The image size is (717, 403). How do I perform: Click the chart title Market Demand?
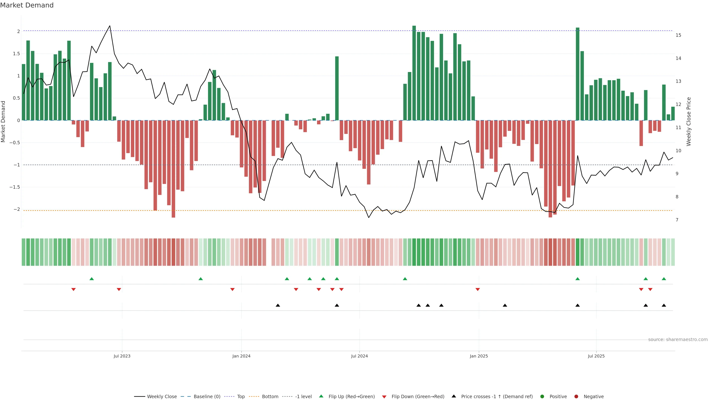pyautogui.click(x=27, y=5)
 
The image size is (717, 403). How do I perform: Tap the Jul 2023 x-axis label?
pyautogui.click(x=122, y=356)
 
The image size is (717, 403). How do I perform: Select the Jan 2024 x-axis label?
pyautogui.click(x=241, y=356)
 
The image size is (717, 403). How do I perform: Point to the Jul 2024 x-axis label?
pyautogui.click(x=359, y=356)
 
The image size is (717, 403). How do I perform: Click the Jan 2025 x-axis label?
pyautogui.click(x=479, y=356)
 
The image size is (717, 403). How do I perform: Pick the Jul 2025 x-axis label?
pyautogui.click(x=596, y=356)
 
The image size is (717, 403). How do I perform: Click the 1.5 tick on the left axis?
pyautogui.click(x=16, y=54)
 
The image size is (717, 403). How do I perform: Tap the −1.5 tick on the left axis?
pyautogui.click(x=15, y=187)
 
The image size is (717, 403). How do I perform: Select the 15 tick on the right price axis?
pyautogui.click(x=678, y=35)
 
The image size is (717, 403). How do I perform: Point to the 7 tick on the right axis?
pyautogui.click(x=677, y=220)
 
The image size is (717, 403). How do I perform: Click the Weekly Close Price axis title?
pyautogui.click(x=689, y=121)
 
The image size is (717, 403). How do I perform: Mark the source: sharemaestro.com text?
pyautogui.click(x=678, y=340)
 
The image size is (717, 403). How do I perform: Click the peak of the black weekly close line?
pyautogui.click(x=110, y=26)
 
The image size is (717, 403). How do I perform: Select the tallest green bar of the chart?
pyautogui.click(x=414, y=73)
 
